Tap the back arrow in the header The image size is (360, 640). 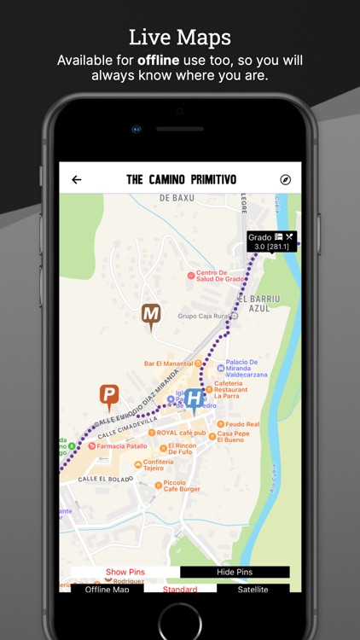coord(77,180)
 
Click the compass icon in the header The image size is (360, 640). coord(285,180)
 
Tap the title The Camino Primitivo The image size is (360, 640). coord(181,180)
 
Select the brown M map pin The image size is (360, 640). coord(151,316)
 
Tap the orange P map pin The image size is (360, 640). coord(108,395)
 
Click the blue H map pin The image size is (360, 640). coord(195,399)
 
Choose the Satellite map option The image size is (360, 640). coord(253,590)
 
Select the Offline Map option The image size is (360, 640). coord(107,590)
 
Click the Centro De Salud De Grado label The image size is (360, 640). coord(221,277)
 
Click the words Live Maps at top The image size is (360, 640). coord(180,37)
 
